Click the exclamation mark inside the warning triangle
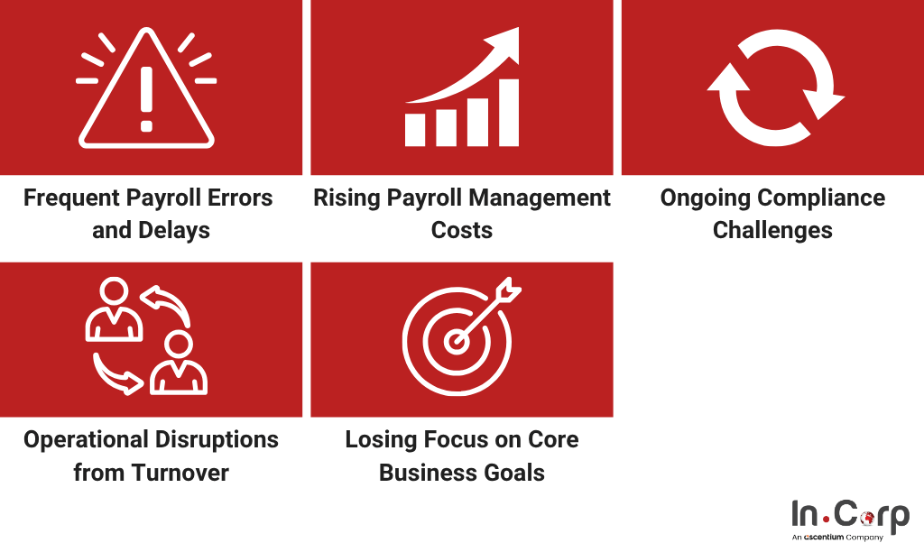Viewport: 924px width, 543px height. [146, 90]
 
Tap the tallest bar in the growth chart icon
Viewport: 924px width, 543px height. [509, 113]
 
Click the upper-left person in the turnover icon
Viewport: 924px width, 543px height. [114, 311]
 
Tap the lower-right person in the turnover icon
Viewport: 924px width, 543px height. [178, 364]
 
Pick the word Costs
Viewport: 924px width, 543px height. [462, 230]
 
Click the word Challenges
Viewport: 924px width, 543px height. [772, 230]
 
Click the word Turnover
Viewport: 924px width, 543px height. [177, 472]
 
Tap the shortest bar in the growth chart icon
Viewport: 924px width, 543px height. [415, 130]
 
